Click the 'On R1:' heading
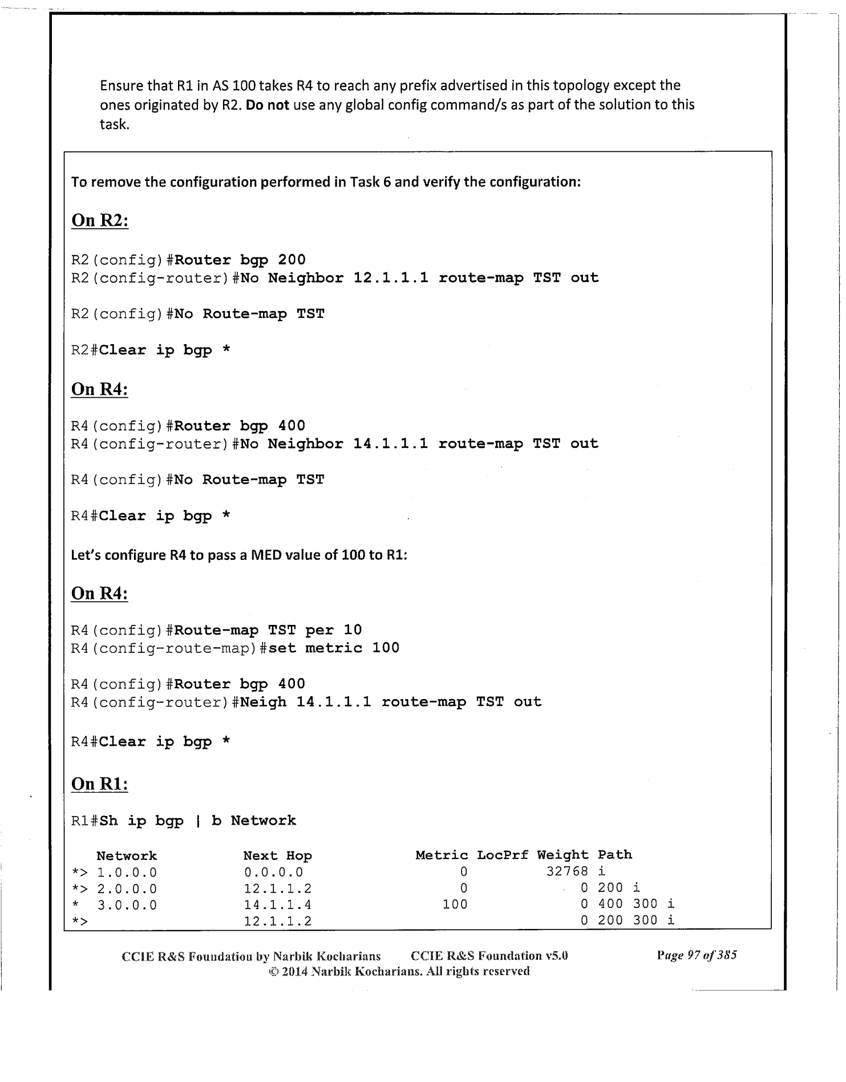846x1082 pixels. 99,784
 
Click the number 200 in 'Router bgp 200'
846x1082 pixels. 292,260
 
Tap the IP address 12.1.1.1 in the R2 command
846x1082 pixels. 391,278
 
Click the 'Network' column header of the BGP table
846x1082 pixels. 127,855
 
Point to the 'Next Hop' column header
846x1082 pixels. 277,855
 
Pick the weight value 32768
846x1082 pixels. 567,871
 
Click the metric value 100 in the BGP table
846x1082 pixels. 455,904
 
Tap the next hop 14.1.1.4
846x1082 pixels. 277,905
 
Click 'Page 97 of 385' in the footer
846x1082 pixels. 697,955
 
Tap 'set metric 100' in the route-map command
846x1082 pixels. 334,648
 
